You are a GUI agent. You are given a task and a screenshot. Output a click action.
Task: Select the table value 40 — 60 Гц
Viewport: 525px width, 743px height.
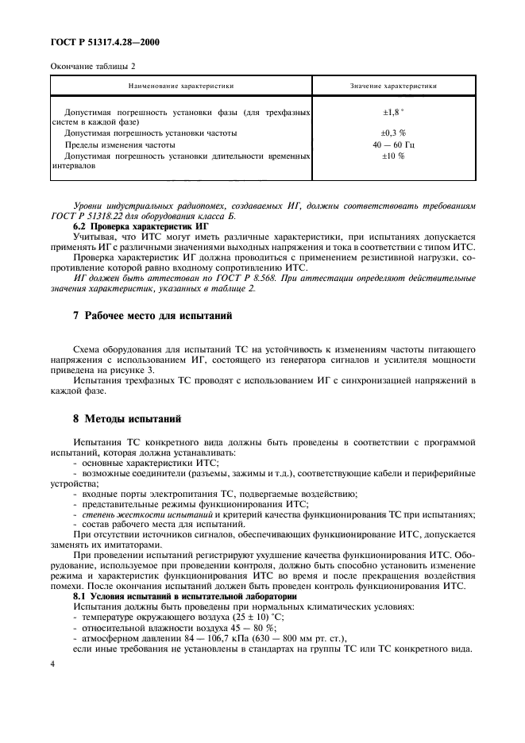393,145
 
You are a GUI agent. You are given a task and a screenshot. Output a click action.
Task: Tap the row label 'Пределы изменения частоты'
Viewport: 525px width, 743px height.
120,145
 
